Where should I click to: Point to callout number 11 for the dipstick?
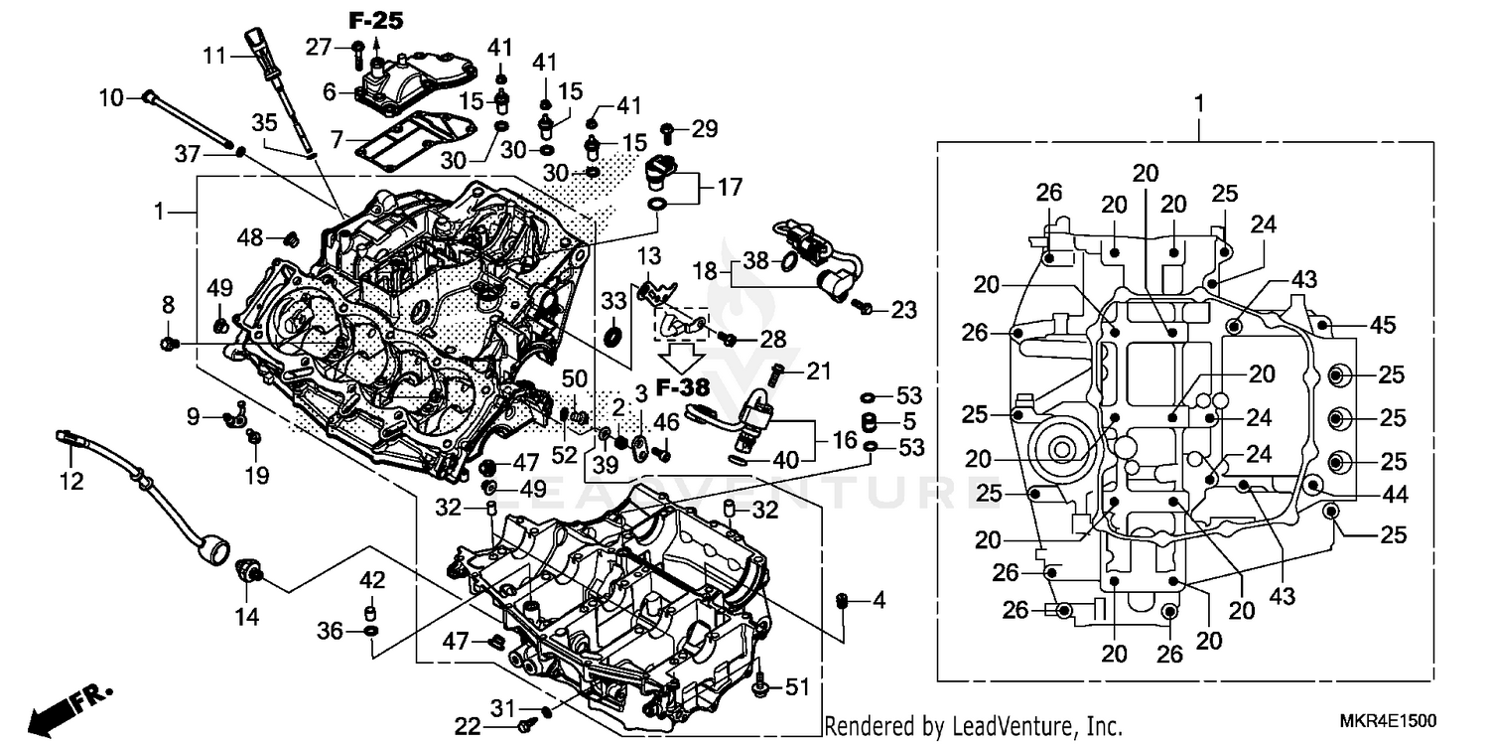pyautogui.click(x=215, y=56)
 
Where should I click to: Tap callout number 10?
pyautogui.click(x=110, y=97)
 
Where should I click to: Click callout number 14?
pyautogui.click(x=246, y=617)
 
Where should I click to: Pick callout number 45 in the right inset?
pyautogui.click(x=1382, y=324)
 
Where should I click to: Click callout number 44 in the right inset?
pyautogui.click(x=1395, y=493)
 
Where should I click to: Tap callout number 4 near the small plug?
pyautogui.click(x=878, y=600)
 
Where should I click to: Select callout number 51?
pyautogui.click(x=798, y=686)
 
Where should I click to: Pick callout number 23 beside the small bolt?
pyautogui.click(x=902, y=310)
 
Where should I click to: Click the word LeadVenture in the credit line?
pyautogui.click(x=998, y=726)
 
